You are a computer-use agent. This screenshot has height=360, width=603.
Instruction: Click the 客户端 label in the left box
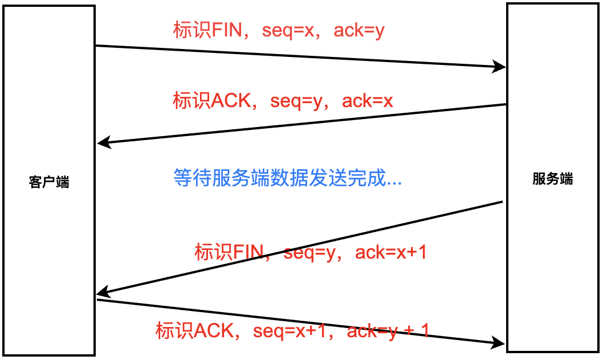point(49,182)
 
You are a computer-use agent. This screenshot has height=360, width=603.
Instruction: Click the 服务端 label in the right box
point(553,179)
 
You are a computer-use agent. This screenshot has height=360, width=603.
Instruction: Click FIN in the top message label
point(226,30)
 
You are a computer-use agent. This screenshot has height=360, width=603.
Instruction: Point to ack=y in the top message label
point(359,30)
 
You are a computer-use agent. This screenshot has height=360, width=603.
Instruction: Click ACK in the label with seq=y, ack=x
point(231,101)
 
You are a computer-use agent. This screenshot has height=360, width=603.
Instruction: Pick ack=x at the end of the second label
point(368,101)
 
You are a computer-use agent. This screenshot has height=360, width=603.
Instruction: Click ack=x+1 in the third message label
point(390,252)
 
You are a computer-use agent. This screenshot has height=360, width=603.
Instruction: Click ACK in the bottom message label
point(214,330)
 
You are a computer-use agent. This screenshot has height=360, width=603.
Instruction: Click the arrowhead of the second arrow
point(103,142)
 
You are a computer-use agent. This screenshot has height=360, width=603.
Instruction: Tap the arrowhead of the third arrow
point(103,293)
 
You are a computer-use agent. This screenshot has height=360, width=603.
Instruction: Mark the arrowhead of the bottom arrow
point(499,342)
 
